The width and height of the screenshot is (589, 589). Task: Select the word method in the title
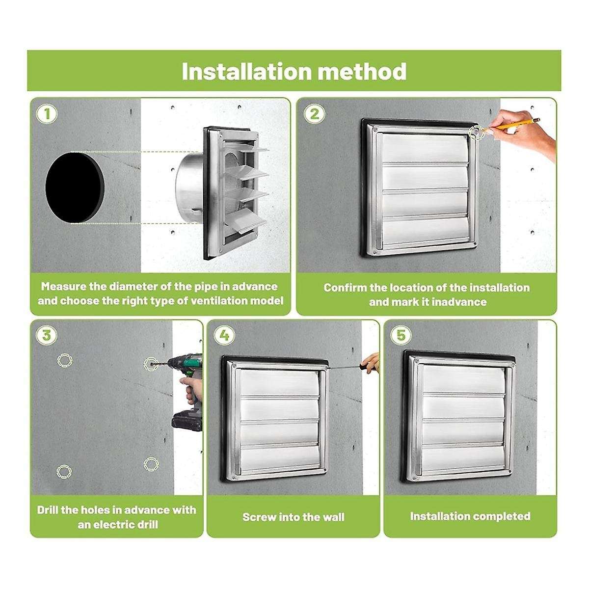pyautogui.click(x=363, y=72)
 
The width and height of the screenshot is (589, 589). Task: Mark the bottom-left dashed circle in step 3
pyautogui.click(x=64, y=472)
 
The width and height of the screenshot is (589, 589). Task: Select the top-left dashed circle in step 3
pyautogui.click(x=64, y=360)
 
